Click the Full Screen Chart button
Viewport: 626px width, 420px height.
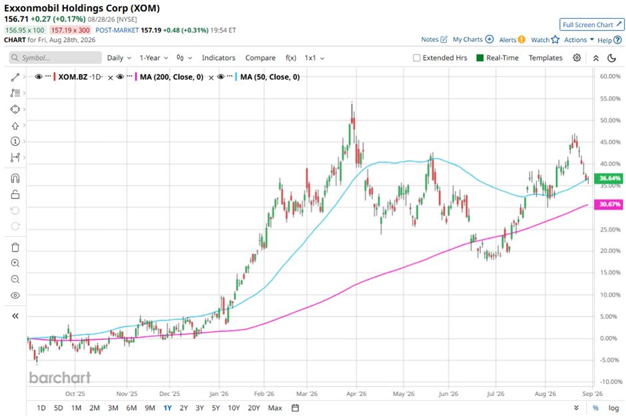click(x=591, y=25)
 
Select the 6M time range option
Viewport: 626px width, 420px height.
click(x=131, y=408)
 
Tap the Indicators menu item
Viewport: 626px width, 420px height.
click(x=218, y=58)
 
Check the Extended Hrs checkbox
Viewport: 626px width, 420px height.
click(x=416, y=58)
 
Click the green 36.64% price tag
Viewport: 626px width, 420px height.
click(x=609, y=178)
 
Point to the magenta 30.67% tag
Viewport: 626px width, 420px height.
click(x=609, y=204)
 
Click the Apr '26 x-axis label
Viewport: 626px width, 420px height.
click(x=356, y=393)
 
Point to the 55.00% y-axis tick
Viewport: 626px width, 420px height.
click(x=610, y=99)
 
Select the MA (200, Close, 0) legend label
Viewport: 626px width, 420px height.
click(x=171, y=77)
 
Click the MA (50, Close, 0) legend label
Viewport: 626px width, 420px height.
click(x=270, y=77)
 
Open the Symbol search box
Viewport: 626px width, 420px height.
click(x=55, y=58)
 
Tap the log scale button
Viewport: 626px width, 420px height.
click(x=613, y=408)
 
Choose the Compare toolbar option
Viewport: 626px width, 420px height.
click(x=260, y=58)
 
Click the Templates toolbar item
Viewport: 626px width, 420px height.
click(x=545, y=58)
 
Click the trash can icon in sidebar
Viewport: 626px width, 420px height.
click(x=15, y=248)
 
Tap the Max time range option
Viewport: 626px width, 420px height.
click(x=275, y=408)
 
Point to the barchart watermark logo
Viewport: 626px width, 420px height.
click(x=60, y=377)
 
